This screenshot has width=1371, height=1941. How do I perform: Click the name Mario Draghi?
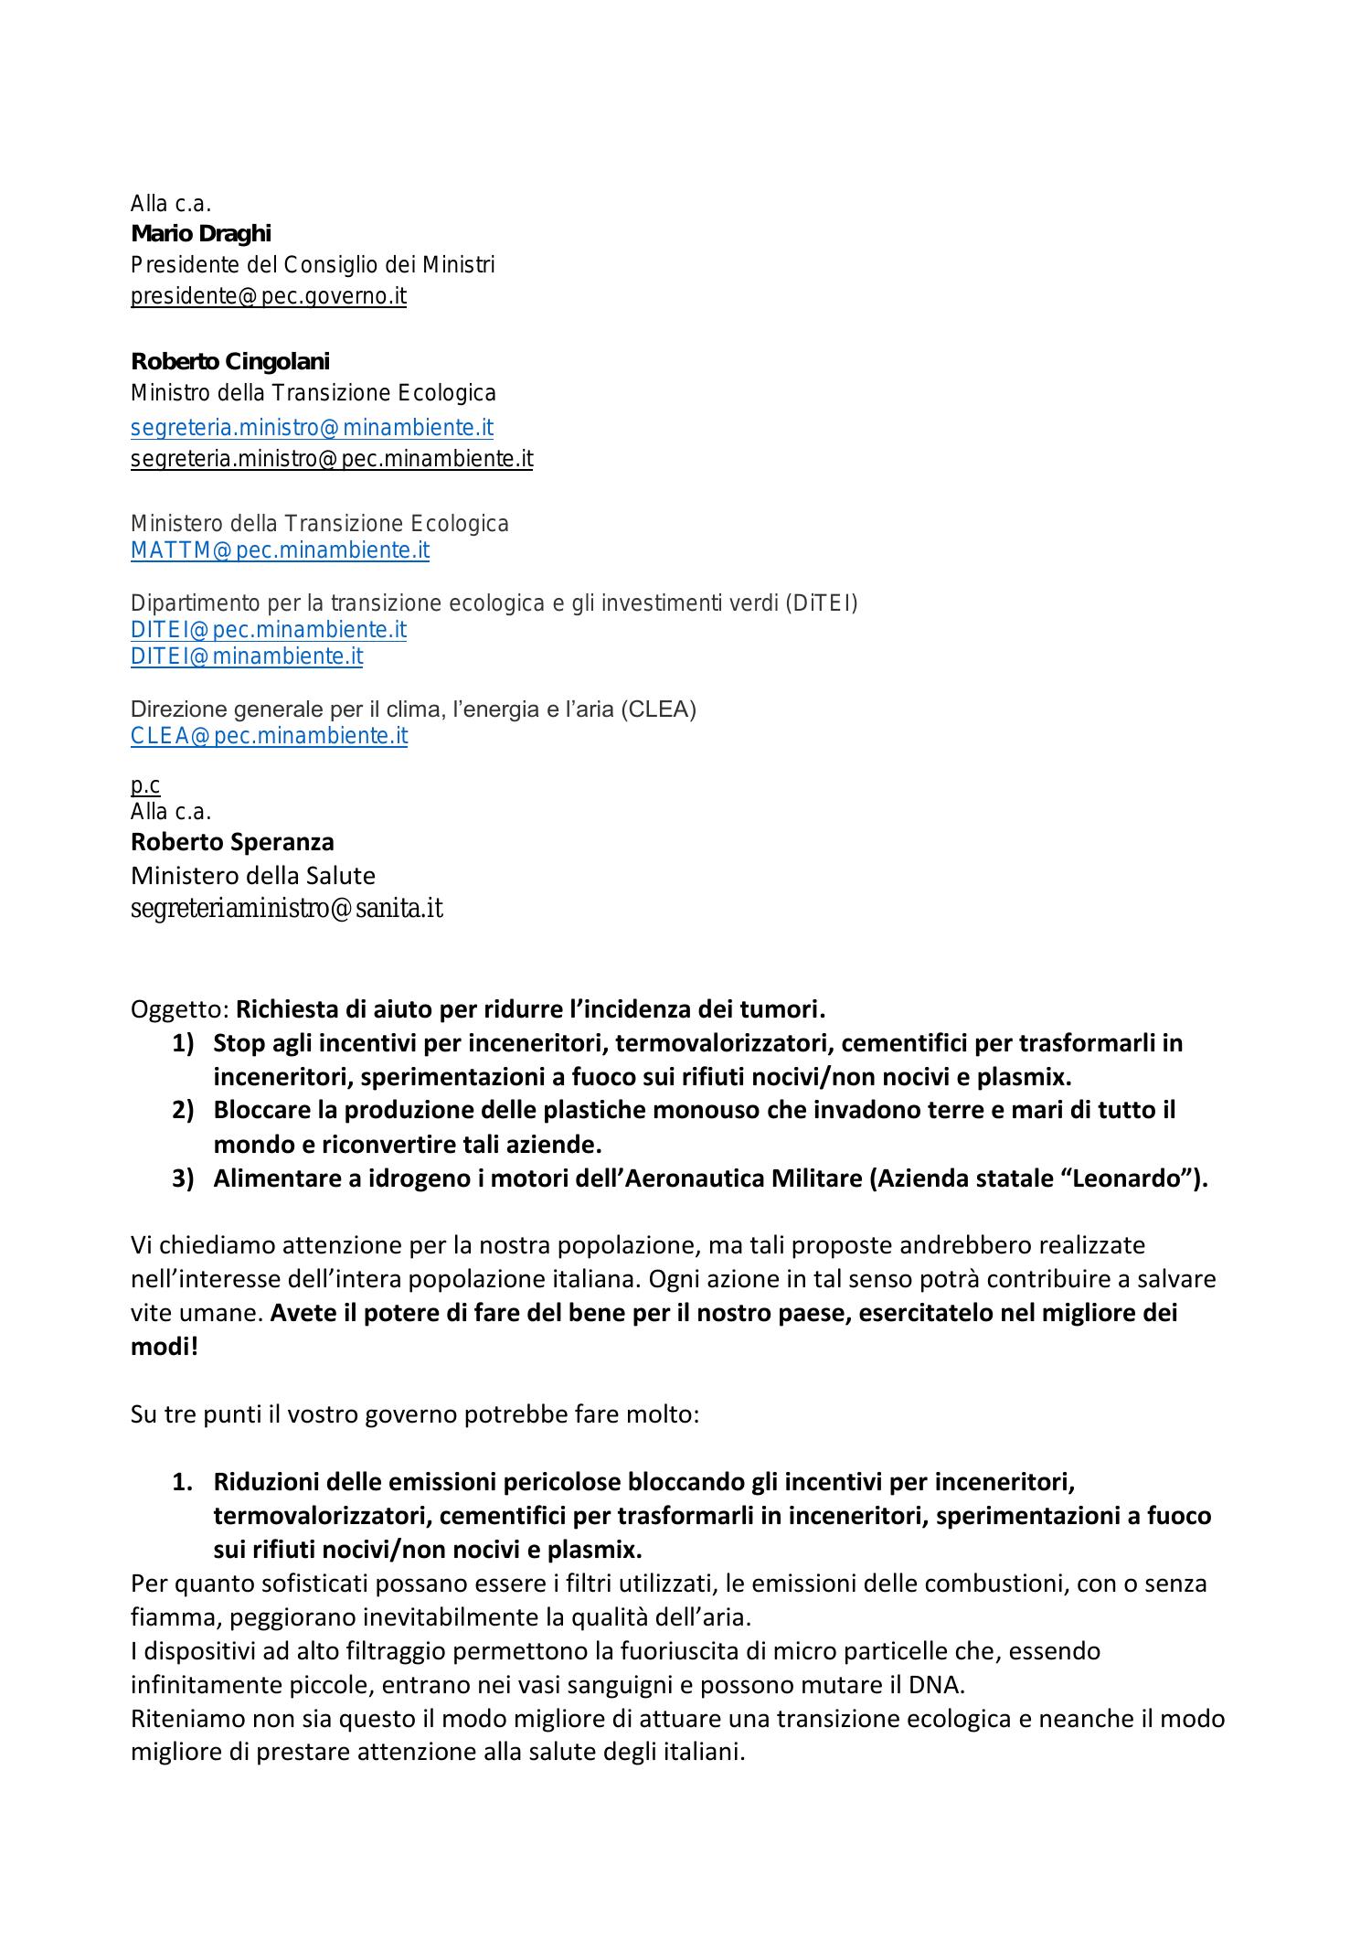point(201,234)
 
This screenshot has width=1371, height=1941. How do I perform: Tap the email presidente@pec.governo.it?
point(268,296)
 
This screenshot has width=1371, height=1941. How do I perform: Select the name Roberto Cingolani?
point(229,361)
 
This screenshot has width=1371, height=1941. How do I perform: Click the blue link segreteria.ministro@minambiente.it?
point(312,427)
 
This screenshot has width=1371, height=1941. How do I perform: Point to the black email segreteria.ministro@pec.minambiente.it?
point(331,458)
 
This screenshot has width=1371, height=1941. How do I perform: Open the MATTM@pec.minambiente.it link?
point(280,550)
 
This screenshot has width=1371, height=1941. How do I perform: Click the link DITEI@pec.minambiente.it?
point(268,630)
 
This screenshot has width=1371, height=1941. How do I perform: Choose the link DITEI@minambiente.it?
point(246,656)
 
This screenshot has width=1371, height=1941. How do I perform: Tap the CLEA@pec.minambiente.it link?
point(269,736)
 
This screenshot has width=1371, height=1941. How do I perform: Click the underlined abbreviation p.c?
point(145,784)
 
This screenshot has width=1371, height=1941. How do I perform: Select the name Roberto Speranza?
point(232,842)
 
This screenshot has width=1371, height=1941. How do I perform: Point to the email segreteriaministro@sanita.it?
point(286,909)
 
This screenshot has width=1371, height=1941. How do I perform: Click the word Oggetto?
point(178,1009)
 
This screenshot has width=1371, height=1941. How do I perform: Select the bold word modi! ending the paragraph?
point(165,1346)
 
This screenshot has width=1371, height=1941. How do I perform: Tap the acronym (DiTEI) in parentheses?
point(821,603)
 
